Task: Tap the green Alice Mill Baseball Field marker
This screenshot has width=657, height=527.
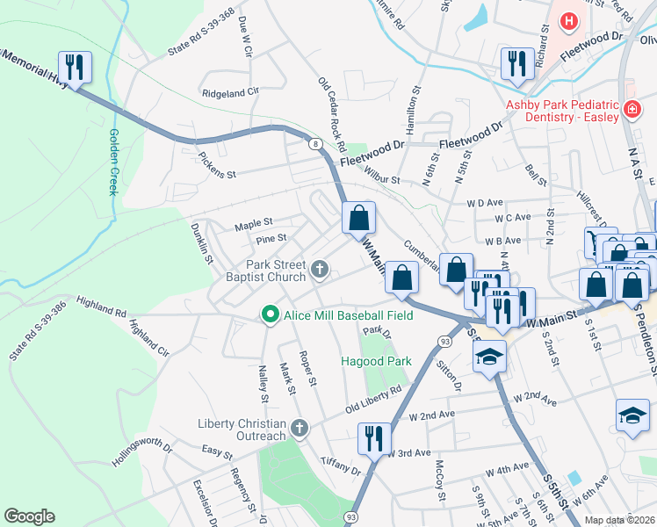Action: (271, 314)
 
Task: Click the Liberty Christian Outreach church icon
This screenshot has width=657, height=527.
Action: (300, 429)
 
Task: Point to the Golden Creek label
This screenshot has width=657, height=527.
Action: (113, 162)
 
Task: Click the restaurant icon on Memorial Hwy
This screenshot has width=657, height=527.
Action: (75, 67)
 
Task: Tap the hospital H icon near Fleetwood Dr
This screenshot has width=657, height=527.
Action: (569, 20)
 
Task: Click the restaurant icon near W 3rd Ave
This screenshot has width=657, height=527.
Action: (373, 438)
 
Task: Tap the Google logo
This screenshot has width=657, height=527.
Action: (29, 516)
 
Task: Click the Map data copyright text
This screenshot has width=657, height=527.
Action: (619, 520)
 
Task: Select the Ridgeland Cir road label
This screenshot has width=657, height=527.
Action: (230, 91)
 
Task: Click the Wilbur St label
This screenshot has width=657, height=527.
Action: (381, 179)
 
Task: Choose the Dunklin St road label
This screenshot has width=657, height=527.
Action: (202, 242)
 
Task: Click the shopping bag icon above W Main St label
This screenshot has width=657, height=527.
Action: (358, 217)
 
